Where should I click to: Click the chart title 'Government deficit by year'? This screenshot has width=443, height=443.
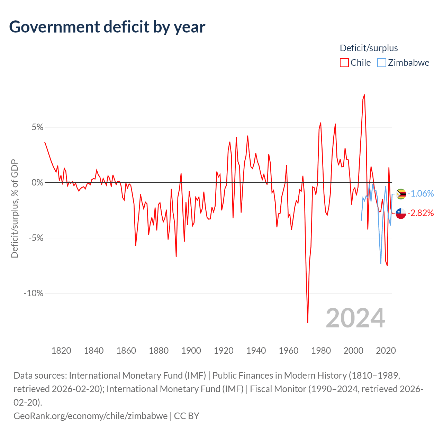click(107, 27)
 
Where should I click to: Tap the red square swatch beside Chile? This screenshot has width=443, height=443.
click(344, 63)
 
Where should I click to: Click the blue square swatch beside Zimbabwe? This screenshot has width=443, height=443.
click(381, 63)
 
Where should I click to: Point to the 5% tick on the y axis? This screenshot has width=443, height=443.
click(38, 127)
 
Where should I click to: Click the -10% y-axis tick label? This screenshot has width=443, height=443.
click(34, 293)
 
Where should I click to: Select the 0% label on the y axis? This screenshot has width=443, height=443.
click(38, 182)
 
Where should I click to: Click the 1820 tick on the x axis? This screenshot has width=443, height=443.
click(61, 351)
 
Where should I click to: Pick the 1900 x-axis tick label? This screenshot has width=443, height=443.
click(191, 351)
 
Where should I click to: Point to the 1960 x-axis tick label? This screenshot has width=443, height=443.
click(289, 351)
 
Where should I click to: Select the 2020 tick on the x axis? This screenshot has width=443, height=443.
click(386, 351)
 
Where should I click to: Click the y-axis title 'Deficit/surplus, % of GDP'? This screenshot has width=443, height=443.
click(15, 208)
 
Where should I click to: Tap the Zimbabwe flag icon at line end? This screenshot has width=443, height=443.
click(401, 194)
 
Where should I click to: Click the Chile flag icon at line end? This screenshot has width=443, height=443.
click(401, 214)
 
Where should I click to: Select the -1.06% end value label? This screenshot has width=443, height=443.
click(421, 193)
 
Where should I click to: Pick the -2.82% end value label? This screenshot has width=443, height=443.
click(421, 213)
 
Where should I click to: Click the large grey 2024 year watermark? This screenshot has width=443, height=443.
click(355, 318)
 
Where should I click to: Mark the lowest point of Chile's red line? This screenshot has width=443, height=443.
click(308, 323)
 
